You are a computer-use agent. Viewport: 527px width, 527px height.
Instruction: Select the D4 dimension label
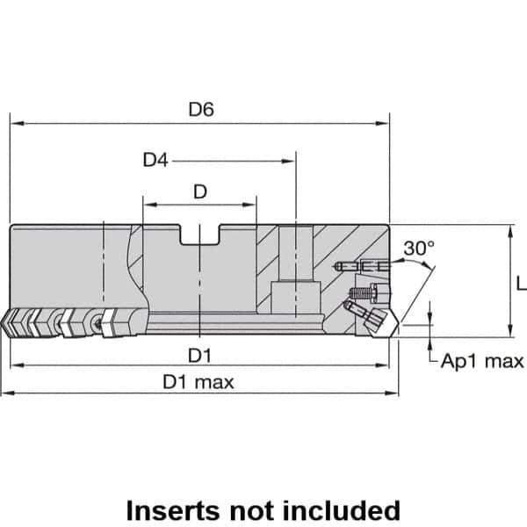click(155, 161)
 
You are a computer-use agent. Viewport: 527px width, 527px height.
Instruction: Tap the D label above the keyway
click(199, 191)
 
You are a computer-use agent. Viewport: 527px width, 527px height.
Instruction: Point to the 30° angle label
click(418, 249)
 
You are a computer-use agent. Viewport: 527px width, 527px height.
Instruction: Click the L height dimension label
click(520, 283)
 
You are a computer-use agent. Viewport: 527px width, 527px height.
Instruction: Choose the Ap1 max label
click(482, 361)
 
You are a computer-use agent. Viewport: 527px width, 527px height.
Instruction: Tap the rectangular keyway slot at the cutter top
click(200, 235)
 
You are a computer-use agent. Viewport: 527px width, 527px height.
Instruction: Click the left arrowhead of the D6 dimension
click(15, 124)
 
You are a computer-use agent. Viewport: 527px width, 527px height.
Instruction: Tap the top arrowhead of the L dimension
click(510, 231)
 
